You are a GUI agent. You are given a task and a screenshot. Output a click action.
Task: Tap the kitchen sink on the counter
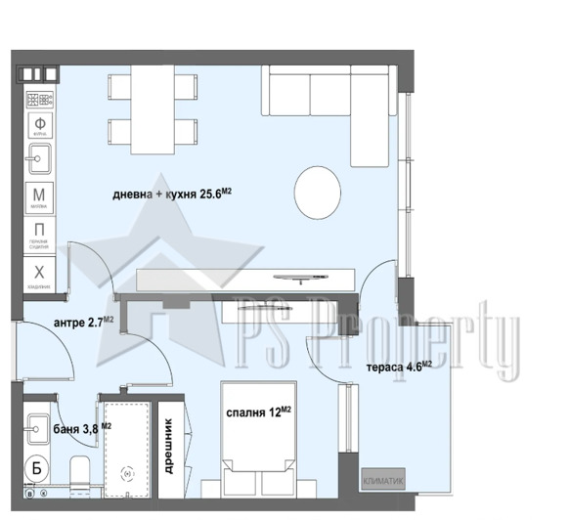coord(40,157)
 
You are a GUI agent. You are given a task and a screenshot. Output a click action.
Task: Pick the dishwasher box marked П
coord(40,234)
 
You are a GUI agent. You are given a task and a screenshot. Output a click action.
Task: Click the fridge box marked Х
coord(40,273)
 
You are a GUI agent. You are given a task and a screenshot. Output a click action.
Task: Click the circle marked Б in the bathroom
coord(38,465)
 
